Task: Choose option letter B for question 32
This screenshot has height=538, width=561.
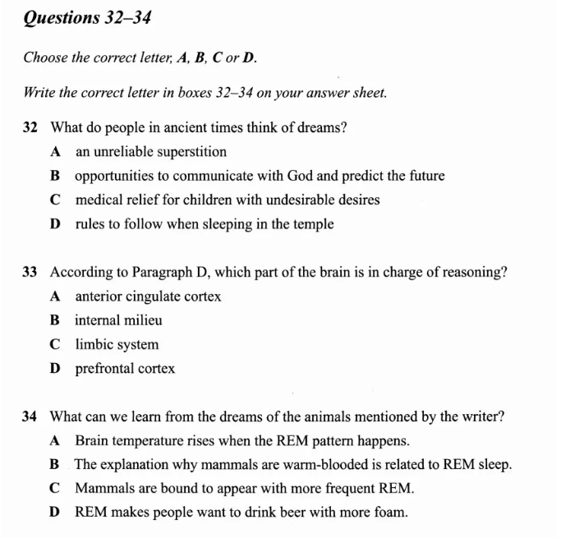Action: (x=55, y=176)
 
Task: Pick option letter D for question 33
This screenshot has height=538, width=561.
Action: (x=55, y=369)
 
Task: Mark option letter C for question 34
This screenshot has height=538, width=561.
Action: (x=55, y=489)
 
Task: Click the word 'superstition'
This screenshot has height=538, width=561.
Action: (x=191, y=152)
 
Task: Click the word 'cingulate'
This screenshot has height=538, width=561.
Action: (x=154, y=297)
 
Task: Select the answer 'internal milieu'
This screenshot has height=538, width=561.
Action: (x=118, y=320)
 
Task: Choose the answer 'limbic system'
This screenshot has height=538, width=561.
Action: (x=117, y=345)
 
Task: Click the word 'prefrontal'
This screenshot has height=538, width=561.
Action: (x=104, y=369)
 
